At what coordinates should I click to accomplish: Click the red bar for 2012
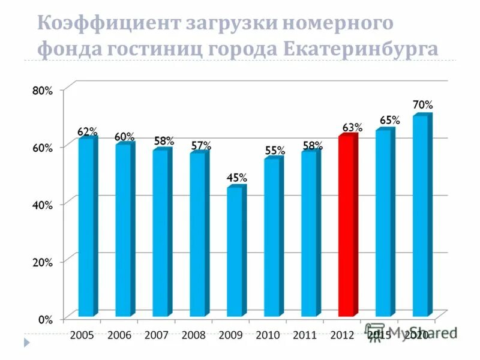[346, 226]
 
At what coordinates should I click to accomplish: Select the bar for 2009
[235, 252]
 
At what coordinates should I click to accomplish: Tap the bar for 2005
[86, 227]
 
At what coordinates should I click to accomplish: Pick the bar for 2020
[421, 216]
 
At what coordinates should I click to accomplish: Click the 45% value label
[236, 178]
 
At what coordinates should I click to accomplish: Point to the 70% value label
[422, 104]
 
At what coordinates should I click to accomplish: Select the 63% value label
[352, 127]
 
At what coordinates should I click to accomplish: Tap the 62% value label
[88, 131]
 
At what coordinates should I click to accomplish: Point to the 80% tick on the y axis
[41, 91]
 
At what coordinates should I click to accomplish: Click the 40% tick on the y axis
[41, 205]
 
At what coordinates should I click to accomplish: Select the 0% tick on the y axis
[45, 320]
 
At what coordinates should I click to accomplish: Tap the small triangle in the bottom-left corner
[26, 342]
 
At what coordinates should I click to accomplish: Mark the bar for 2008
[197, 235]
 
